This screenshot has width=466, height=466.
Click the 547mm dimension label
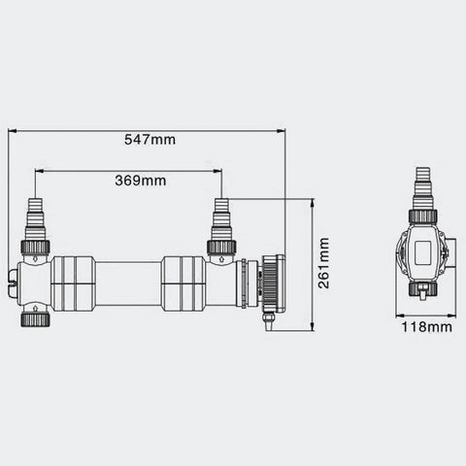(151, 139)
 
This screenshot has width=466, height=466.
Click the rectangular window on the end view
(424, 255)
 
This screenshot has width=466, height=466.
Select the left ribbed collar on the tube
(73, 283)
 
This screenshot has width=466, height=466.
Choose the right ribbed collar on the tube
(183, 283)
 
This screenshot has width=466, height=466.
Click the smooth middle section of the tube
(128, 283)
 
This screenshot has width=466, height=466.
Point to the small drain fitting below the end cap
(267, 319)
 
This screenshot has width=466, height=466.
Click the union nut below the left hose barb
(36, 247)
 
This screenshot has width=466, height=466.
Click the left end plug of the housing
(12, 284)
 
